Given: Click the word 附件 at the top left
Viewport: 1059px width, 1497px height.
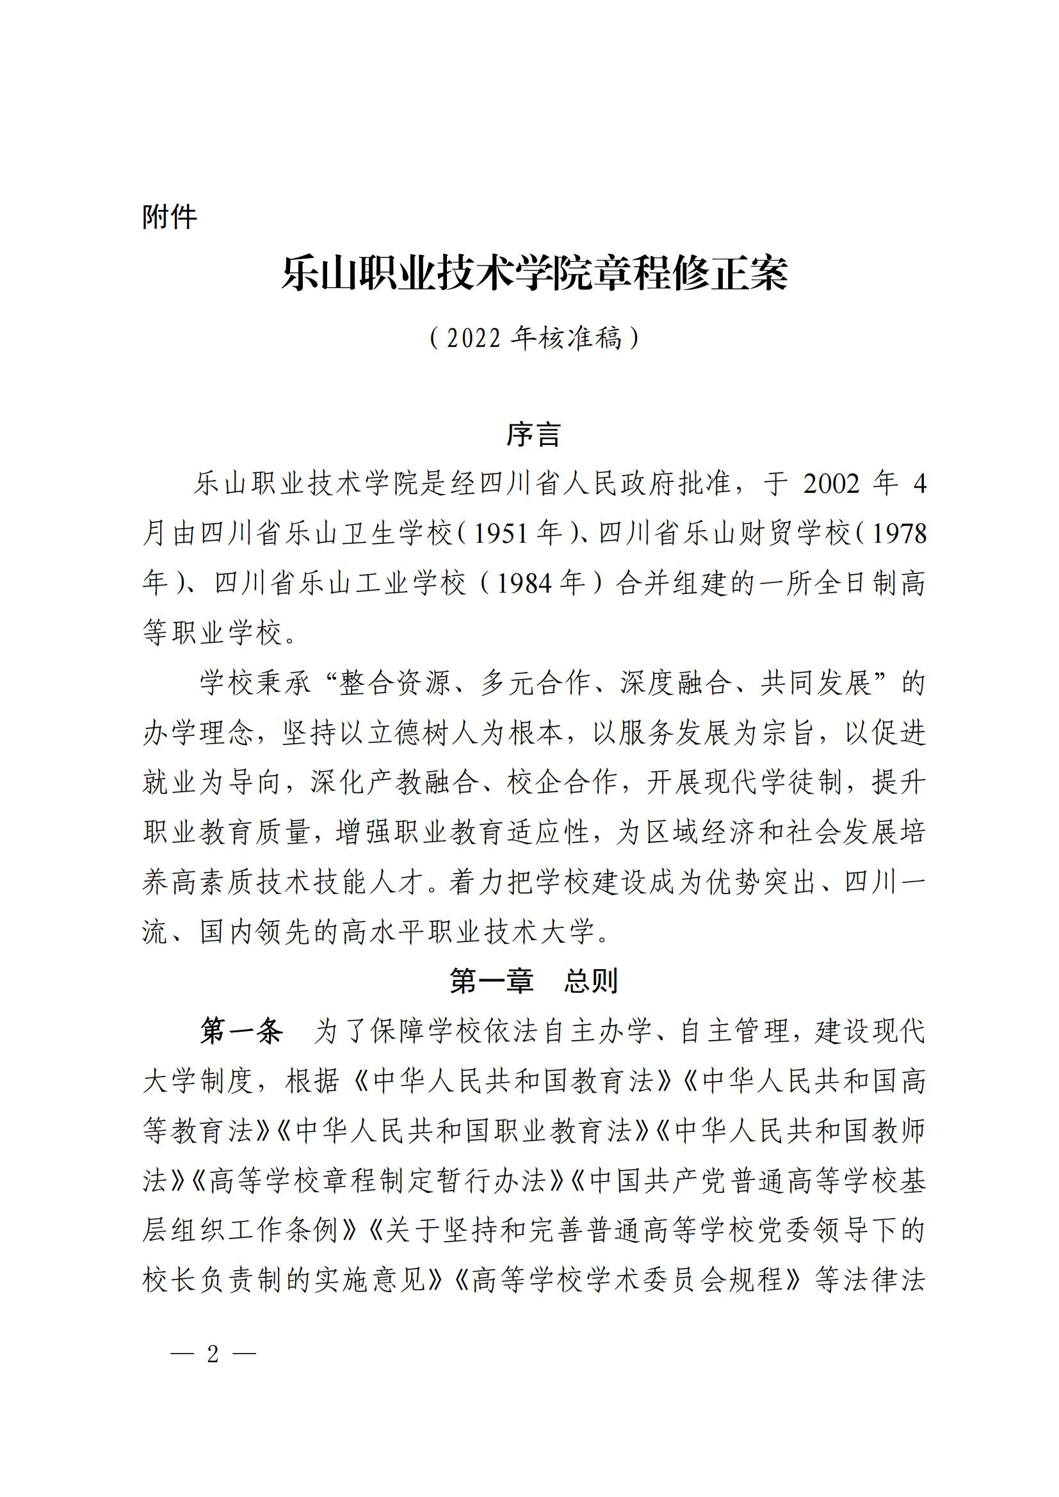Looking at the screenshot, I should pos(170,217).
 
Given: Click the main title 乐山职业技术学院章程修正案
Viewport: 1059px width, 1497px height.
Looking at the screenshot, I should pos(535,274).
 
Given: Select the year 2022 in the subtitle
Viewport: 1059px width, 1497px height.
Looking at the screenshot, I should pos(474,339).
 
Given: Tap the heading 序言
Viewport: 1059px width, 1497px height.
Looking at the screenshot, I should pos(533,435).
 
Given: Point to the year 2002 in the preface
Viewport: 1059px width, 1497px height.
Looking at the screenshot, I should pos(832,484).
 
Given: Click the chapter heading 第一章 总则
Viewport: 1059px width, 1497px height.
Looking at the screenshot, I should pos(533,981).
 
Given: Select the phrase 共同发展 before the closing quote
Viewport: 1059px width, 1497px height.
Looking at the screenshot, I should pos(816,684).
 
